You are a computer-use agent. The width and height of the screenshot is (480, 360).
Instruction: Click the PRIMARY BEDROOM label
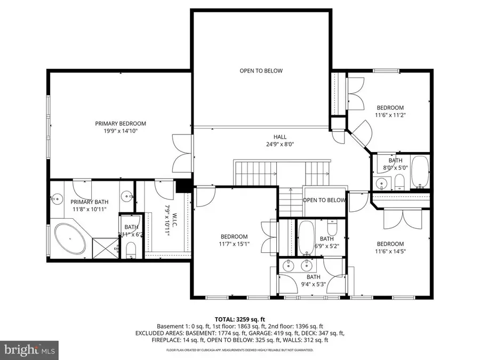120,123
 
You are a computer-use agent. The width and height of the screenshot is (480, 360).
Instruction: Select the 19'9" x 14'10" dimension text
120,131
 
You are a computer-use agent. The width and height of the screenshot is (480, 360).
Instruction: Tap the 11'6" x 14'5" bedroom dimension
390,252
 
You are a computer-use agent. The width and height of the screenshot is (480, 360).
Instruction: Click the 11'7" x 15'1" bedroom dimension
234,244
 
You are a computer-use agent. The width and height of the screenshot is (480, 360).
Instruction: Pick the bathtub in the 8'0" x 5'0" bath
420,172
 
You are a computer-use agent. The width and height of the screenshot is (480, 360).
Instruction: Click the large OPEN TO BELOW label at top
261,70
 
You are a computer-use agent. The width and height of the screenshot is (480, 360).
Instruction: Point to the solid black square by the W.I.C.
185,186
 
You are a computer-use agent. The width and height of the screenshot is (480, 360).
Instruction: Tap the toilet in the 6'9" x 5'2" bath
331,229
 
